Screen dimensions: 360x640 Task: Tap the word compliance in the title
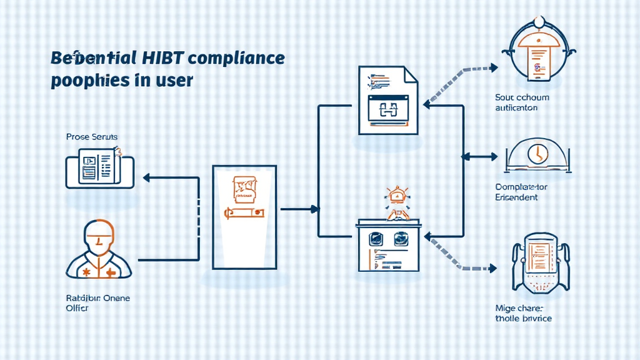tap(236, 59)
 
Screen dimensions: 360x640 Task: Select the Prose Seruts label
tap(91, 136)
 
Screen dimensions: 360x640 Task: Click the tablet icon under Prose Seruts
tap(100, 166)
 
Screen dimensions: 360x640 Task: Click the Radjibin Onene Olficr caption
tap(97, 303)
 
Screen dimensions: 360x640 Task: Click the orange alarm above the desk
tap(396, 200)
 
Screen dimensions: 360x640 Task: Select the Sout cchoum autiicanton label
tap(521, 102)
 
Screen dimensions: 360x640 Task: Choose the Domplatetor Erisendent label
tap(521, 192)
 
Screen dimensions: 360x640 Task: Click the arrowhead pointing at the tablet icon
tap(147, 177)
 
